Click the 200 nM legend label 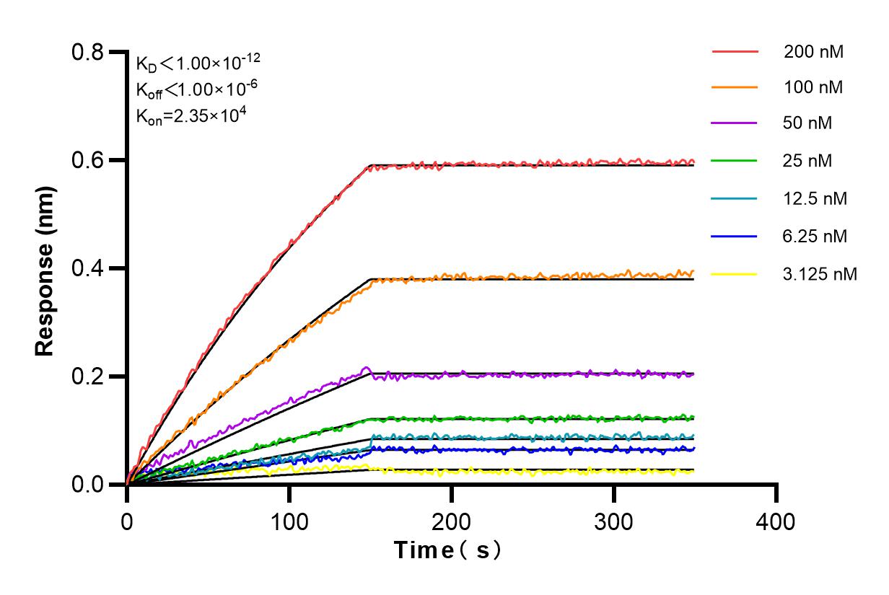pos(814,52)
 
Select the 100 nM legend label pos(814,88)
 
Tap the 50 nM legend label pos(808,123)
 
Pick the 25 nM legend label pos(808,161)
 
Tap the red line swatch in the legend pos(735,52)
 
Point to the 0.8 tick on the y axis pos(87,52)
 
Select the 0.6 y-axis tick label pos(87,160)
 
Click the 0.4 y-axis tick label pos(87,268)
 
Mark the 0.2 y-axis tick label pos(87,376)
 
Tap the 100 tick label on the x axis pos(289,521)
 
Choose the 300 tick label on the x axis pos(614,521)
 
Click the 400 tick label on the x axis pos(776,521)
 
